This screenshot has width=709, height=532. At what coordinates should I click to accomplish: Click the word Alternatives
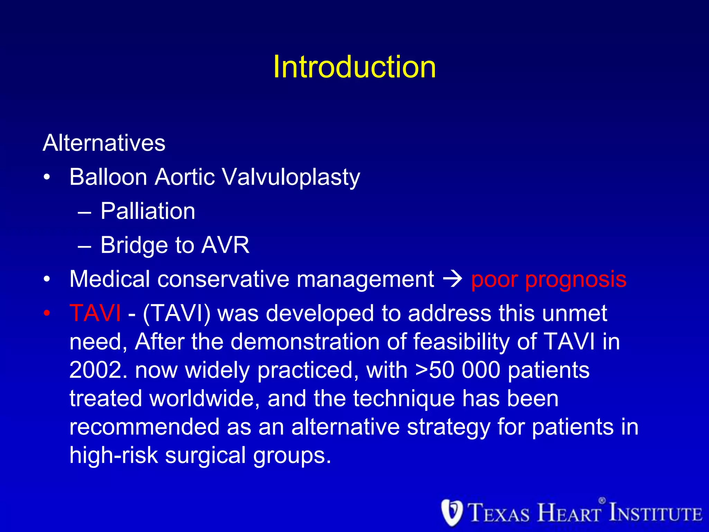[x=104, y=143]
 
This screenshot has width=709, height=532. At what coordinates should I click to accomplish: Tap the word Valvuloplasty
[x=290, y=178]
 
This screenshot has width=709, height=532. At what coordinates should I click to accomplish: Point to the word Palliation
[x=148, y=211]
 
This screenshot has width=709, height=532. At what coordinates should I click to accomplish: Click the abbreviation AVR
[x=225, y=245]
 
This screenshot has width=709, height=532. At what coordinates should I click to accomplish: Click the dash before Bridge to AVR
[x=84, y=246]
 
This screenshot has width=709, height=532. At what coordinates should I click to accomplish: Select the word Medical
[x=110, y=279]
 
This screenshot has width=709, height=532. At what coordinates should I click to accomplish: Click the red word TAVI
[x=95, y=313]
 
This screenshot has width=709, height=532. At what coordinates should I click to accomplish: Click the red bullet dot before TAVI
[x=47, y=313]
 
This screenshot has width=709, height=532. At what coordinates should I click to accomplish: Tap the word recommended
[x=144, y=427]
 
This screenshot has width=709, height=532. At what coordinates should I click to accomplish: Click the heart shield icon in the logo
[x=452, y=513]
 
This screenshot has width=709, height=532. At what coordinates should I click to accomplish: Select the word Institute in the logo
[x=655, y=513]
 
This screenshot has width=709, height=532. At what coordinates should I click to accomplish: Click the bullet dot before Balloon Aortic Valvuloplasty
[x=47, y=178]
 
